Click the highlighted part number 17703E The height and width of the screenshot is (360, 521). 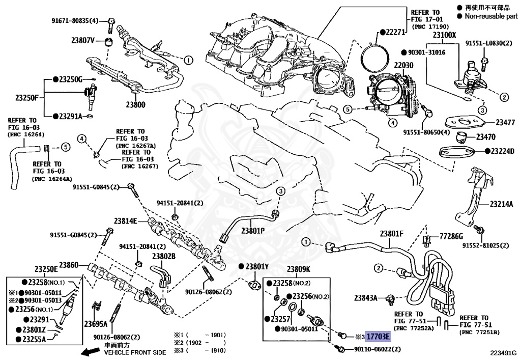(x=378, y=337)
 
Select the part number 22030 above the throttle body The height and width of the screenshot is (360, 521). (x=403, y=65)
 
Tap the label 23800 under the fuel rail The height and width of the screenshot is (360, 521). (x=135, y=104)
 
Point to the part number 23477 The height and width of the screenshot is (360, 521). (x=505, y=122)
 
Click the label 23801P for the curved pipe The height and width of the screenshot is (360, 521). (x=253, y=230)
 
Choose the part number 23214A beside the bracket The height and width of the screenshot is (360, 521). (x=501, y=204)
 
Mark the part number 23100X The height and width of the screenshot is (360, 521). (x=444, y=35)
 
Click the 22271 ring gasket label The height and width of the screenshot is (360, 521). (x=395, y=32)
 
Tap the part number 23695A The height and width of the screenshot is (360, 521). (x=96, y=324)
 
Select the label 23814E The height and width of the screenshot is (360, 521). (x=126, y=220)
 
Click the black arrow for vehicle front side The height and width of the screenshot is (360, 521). (x=91, y=351)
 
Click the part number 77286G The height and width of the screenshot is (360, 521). (x=451, y=236)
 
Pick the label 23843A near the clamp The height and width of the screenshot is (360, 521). (x=366, y=298)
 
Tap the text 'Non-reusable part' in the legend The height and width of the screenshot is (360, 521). (x=491, y=16)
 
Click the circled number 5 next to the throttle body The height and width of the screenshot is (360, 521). (x=347, y=108)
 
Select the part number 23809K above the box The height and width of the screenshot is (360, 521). (x=298, y=269)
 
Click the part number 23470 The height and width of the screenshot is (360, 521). (x=485, y=136)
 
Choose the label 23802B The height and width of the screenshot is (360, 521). (x=164, y=256)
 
